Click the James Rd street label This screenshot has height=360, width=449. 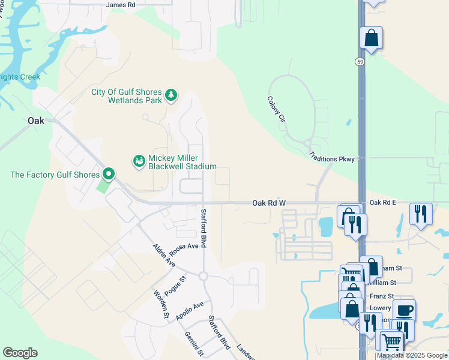pyautogui.click(x=121, y=5)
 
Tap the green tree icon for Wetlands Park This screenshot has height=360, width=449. pyautogui.click(x=172, y=95)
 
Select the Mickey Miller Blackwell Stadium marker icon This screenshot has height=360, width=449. pyautogui.click(x=139, y=160)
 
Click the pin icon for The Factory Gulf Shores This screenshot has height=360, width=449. pyautogui.click(x=109, y=174)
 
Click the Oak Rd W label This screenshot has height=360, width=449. pyautogui.click(x=268, y=203)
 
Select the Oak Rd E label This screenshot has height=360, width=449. pyautogui.click(x=382, y=203)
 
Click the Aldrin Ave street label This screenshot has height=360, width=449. pyautogui.click(x=163, y=256)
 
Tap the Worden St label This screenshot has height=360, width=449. pyautogui.click(x=160, y=305)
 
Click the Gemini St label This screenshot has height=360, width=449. pyautogui.click(x=194, y=343)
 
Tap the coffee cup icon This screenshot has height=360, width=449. pyautogui.click(x=404, y=310)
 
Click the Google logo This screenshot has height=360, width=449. pyautogui.click(x=20, y=353)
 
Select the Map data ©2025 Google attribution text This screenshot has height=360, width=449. pyautogui.click(x=412, y=356)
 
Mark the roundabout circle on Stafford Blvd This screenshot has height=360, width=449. pyautogui.click(x=203, y=276)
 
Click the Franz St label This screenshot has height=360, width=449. pyautogui.click(x=382, y=296)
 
